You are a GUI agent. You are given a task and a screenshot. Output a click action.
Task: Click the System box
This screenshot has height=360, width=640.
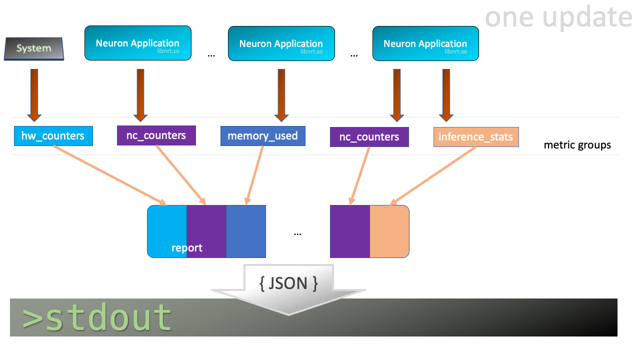34,48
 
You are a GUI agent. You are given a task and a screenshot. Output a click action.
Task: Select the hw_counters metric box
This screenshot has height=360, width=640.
53,136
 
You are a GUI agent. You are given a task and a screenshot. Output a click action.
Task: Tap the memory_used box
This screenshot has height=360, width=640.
262,136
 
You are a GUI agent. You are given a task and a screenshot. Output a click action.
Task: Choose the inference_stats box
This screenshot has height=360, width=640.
475,137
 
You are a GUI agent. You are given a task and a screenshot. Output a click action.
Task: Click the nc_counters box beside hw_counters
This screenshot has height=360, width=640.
156,135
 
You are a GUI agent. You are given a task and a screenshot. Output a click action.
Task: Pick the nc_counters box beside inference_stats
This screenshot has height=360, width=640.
369,137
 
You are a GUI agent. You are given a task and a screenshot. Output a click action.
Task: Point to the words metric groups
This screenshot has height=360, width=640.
577,145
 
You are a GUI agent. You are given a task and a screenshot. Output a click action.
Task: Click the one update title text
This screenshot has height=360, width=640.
558,17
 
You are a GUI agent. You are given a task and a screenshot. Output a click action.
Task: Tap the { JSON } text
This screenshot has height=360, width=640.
288,283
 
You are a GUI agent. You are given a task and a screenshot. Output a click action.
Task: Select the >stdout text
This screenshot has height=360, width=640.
97,317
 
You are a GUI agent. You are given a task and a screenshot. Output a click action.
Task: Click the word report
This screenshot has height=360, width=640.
186,248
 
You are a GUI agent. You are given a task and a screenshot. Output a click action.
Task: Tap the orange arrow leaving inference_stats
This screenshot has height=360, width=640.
432,176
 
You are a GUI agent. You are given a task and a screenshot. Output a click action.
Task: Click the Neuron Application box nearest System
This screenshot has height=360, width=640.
138,43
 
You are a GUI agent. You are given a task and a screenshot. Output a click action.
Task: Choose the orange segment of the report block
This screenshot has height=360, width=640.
389,231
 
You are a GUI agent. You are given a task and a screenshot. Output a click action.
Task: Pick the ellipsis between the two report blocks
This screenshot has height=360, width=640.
297,233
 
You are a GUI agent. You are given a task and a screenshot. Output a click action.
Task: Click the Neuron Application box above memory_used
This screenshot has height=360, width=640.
281,43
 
